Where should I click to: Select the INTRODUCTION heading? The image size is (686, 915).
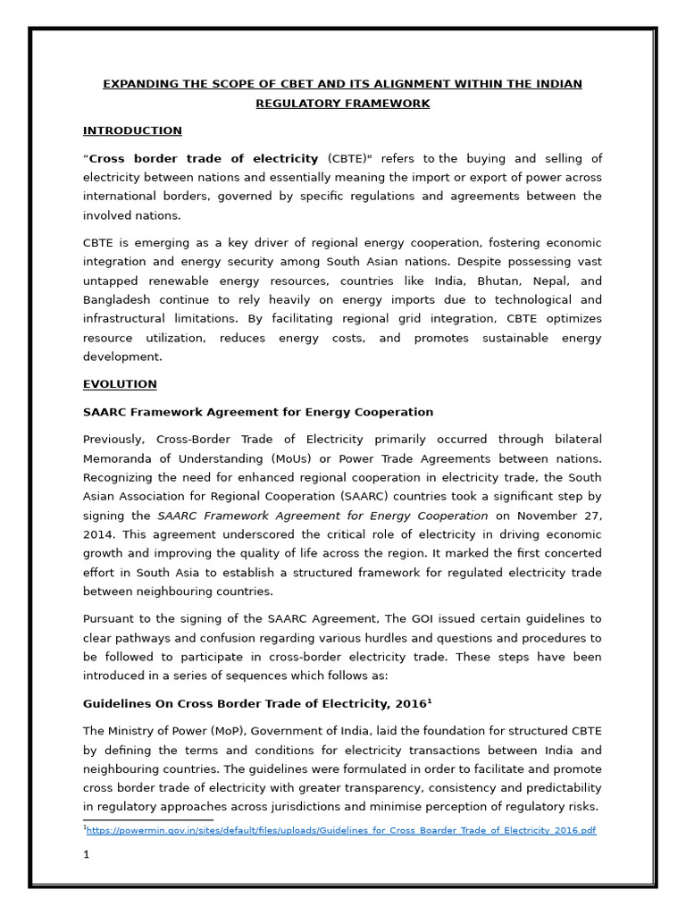132,130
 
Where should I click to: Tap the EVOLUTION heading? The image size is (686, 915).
120,384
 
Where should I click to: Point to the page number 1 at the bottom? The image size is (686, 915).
87,854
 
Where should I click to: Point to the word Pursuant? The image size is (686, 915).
110,618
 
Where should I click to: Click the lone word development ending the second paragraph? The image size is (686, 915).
122,357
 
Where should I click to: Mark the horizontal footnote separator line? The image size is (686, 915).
148,819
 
